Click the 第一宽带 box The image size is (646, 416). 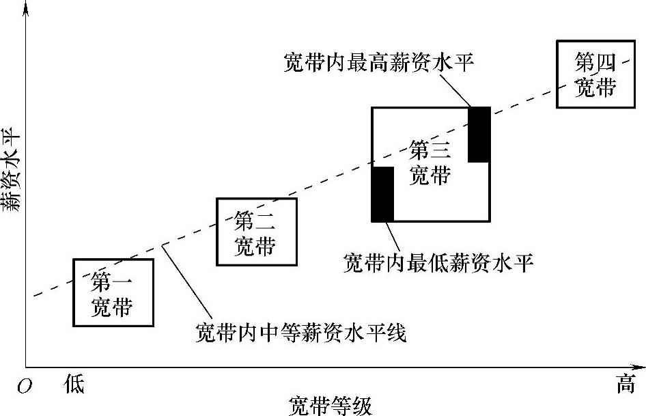(x=113, y=292)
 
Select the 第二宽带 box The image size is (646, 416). (x=256, y=232)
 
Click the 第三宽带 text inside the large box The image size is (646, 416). (x=430, y=162)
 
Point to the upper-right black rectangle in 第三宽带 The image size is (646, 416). (x=479, y=135)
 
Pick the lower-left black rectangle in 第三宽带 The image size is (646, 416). (x=382, y=194)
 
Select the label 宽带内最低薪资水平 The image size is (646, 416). (x=437, y=262)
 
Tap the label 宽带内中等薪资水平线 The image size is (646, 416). (x=300, y=333)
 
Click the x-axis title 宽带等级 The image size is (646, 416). (x=331, y=405)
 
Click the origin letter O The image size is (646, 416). (x=25, y=387)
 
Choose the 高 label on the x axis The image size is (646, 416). (x=626, y=385)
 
